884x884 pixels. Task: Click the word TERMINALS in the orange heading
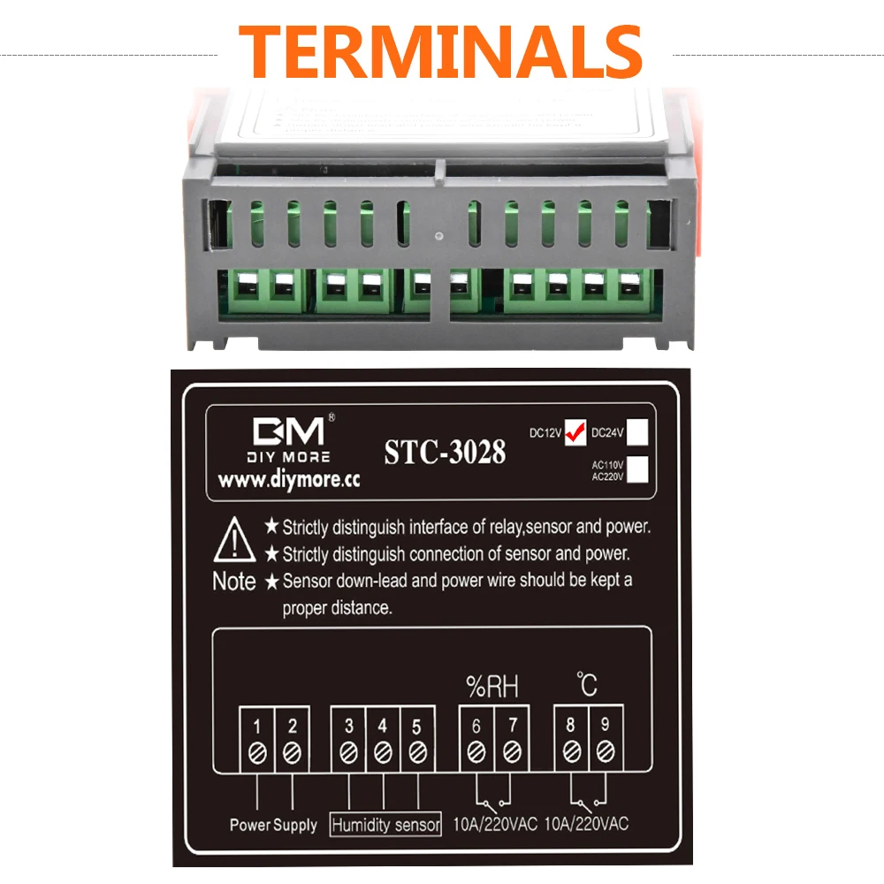point(440,50)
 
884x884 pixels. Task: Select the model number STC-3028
point(445,452)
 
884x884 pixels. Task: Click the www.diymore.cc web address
point(288,483)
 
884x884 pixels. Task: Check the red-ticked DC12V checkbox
point(575,431)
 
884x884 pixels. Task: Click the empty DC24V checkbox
point(639,431)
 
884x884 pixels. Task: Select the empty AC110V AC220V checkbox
point(639,469)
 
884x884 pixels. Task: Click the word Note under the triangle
point(234,582)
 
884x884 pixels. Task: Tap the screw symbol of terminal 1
point(256,753)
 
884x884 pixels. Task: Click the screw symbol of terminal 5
point(416,753)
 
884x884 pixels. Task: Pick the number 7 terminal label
point(510,727)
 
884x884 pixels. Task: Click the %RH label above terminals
point(492,685)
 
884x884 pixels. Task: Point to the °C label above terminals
point(587,683)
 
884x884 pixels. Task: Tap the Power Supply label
point(273,825)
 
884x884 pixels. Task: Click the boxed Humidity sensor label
point(385,825)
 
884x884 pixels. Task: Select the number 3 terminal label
point(349,727)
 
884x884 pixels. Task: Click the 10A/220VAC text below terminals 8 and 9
point(587,825)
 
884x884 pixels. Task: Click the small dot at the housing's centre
point(439,236)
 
